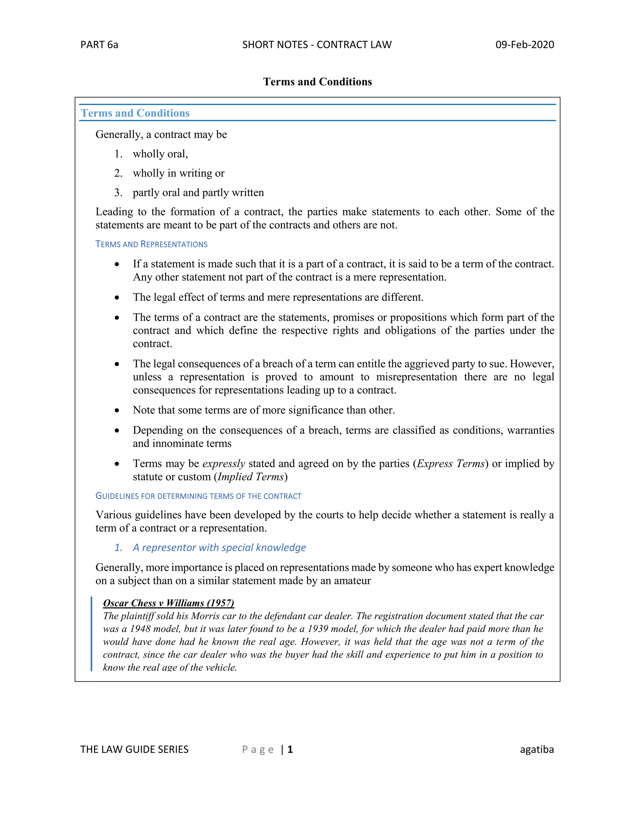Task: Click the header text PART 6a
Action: click(99, 45)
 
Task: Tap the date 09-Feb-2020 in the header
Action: click(524, 45)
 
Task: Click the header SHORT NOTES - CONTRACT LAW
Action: click(317, 45)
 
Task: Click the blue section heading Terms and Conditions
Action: click(135, 113)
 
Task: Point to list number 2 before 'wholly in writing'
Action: click(118, 173)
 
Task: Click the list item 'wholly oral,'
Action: click(160, 154)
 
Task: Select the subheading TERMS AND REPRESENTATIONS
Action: click(151, 244)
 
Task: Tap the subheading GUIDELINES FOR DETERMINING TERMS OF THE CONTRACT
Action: click(198, 496)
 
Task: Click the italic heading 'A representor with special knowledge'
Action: click(219, 548)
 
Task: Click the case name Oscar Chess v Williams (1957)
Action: click(169, 603)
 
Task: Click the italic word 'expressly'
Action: click(224, 464)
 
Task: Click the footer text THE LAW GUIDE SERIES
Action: click(134, 749)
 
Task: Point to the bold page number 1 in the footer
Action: click(290, 749)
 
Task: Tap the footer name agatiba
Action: click(537, 749)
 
